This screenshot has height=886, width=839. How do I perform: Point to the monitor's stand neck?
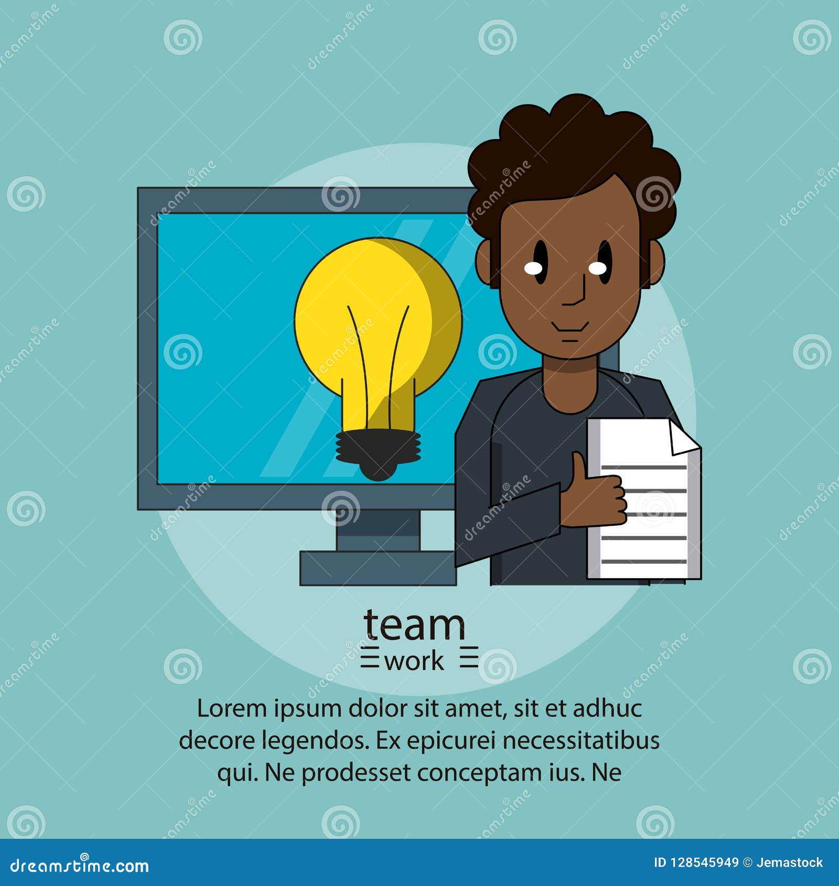click(378, 530)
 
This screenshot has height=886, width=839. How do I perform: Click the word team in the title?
click(414, 625)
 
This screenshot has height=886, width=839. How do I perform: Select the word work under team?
click(414, 662)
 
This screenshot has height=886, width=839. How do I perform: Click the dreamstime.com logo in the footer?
click(80, 865)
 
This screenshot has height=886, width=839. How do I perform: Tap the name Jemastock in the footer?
click(790, 862)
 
